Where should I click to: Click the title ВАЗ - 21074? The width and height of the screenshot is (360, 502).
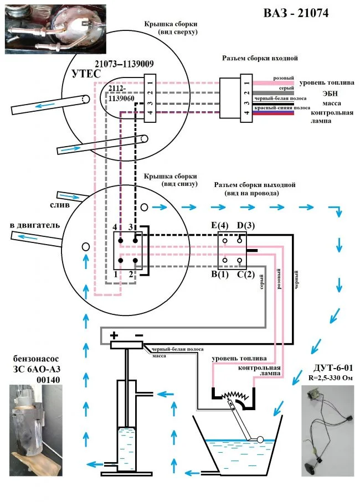297,13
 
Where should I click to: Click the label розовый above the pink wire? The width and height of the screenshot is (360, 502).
284,79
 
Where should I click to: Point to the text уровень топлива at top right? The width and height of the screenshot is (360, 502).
327,83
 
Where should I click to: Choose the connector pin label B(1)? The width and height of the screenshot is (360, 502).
219,274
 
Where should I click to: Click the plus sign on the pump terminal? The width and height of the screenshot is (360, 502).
114,335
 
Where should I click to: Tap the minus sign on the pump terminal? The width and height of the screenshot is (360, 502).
139,335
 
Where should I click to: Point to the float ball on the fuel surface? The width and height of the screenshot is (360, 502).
259,439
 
